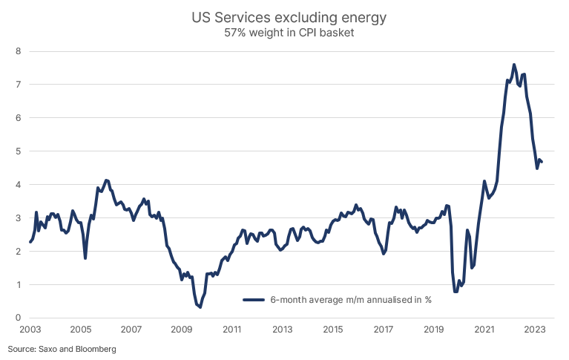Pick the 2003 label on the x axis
coord(30,329)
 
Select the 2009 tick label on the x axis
coord(182,329)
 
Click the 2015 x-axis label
coord(333,329)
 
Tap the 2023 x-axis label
coord(535,329)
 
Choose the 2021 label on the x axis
coord(484,329)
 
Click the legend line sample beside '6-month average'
coord(254,300)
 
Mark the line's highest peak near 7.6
coord(514,65)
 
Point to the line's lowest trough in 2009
coord(200,307)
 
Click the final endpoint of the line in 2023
coord(542,162)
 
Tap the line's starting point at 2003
coord(30,242)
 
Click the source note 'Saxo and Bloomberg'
coord(62,348)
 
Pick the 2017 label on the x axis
coord(384,329)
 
